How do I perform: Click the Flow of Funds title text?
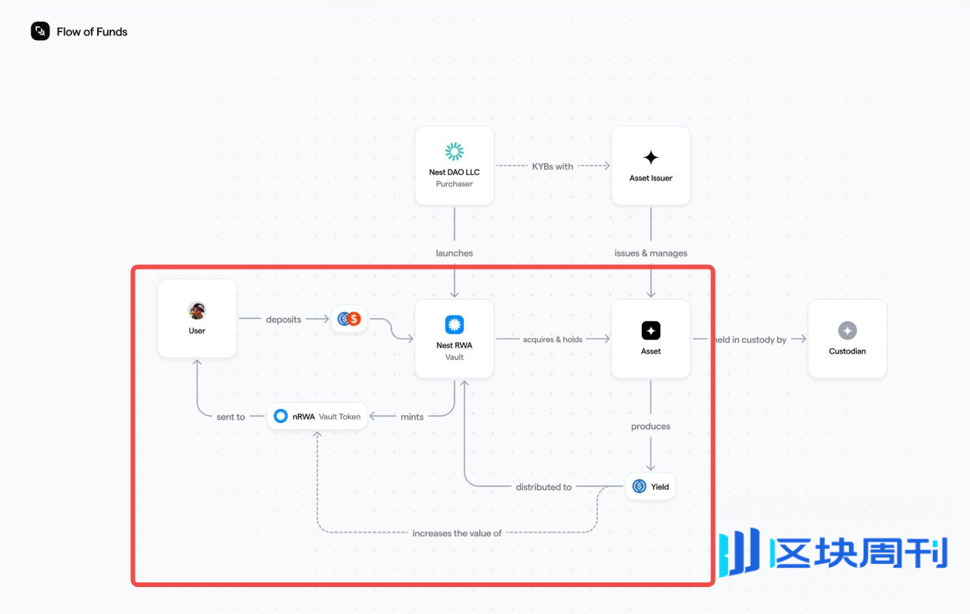point(92,32)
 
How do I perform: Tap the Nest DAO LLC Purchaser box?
point(454,166)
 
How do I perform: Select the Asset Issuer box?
point(651,166)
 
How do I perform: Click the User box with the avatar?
point(197,318)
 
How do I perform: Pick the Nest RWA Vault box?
point(454,338)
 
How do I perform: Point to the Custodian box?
point(847,339)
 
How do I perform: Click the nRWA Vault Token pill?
point(317,416)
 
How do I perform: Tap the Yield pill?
point(650,487)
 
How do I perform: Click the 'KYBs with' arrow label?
point(552,166)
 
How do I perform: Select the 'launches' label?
point(454,253)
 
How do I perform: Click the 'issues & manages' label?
point(650,253)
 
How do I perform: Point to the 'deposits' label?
point(284,319)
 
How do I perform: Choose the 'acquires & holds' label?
point(552,339)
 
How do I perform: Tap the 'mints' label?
point(412,417)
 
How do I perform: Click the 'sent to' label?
point(230,417)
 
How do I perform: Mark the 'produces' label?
point(650,426)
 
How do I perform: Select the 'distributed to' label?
point(543,487)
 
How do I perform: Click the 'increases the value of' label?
point(457,533)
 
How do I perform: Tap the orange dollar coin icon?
point(354,319)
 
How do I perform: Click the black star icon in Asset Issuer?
point(651,157)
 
